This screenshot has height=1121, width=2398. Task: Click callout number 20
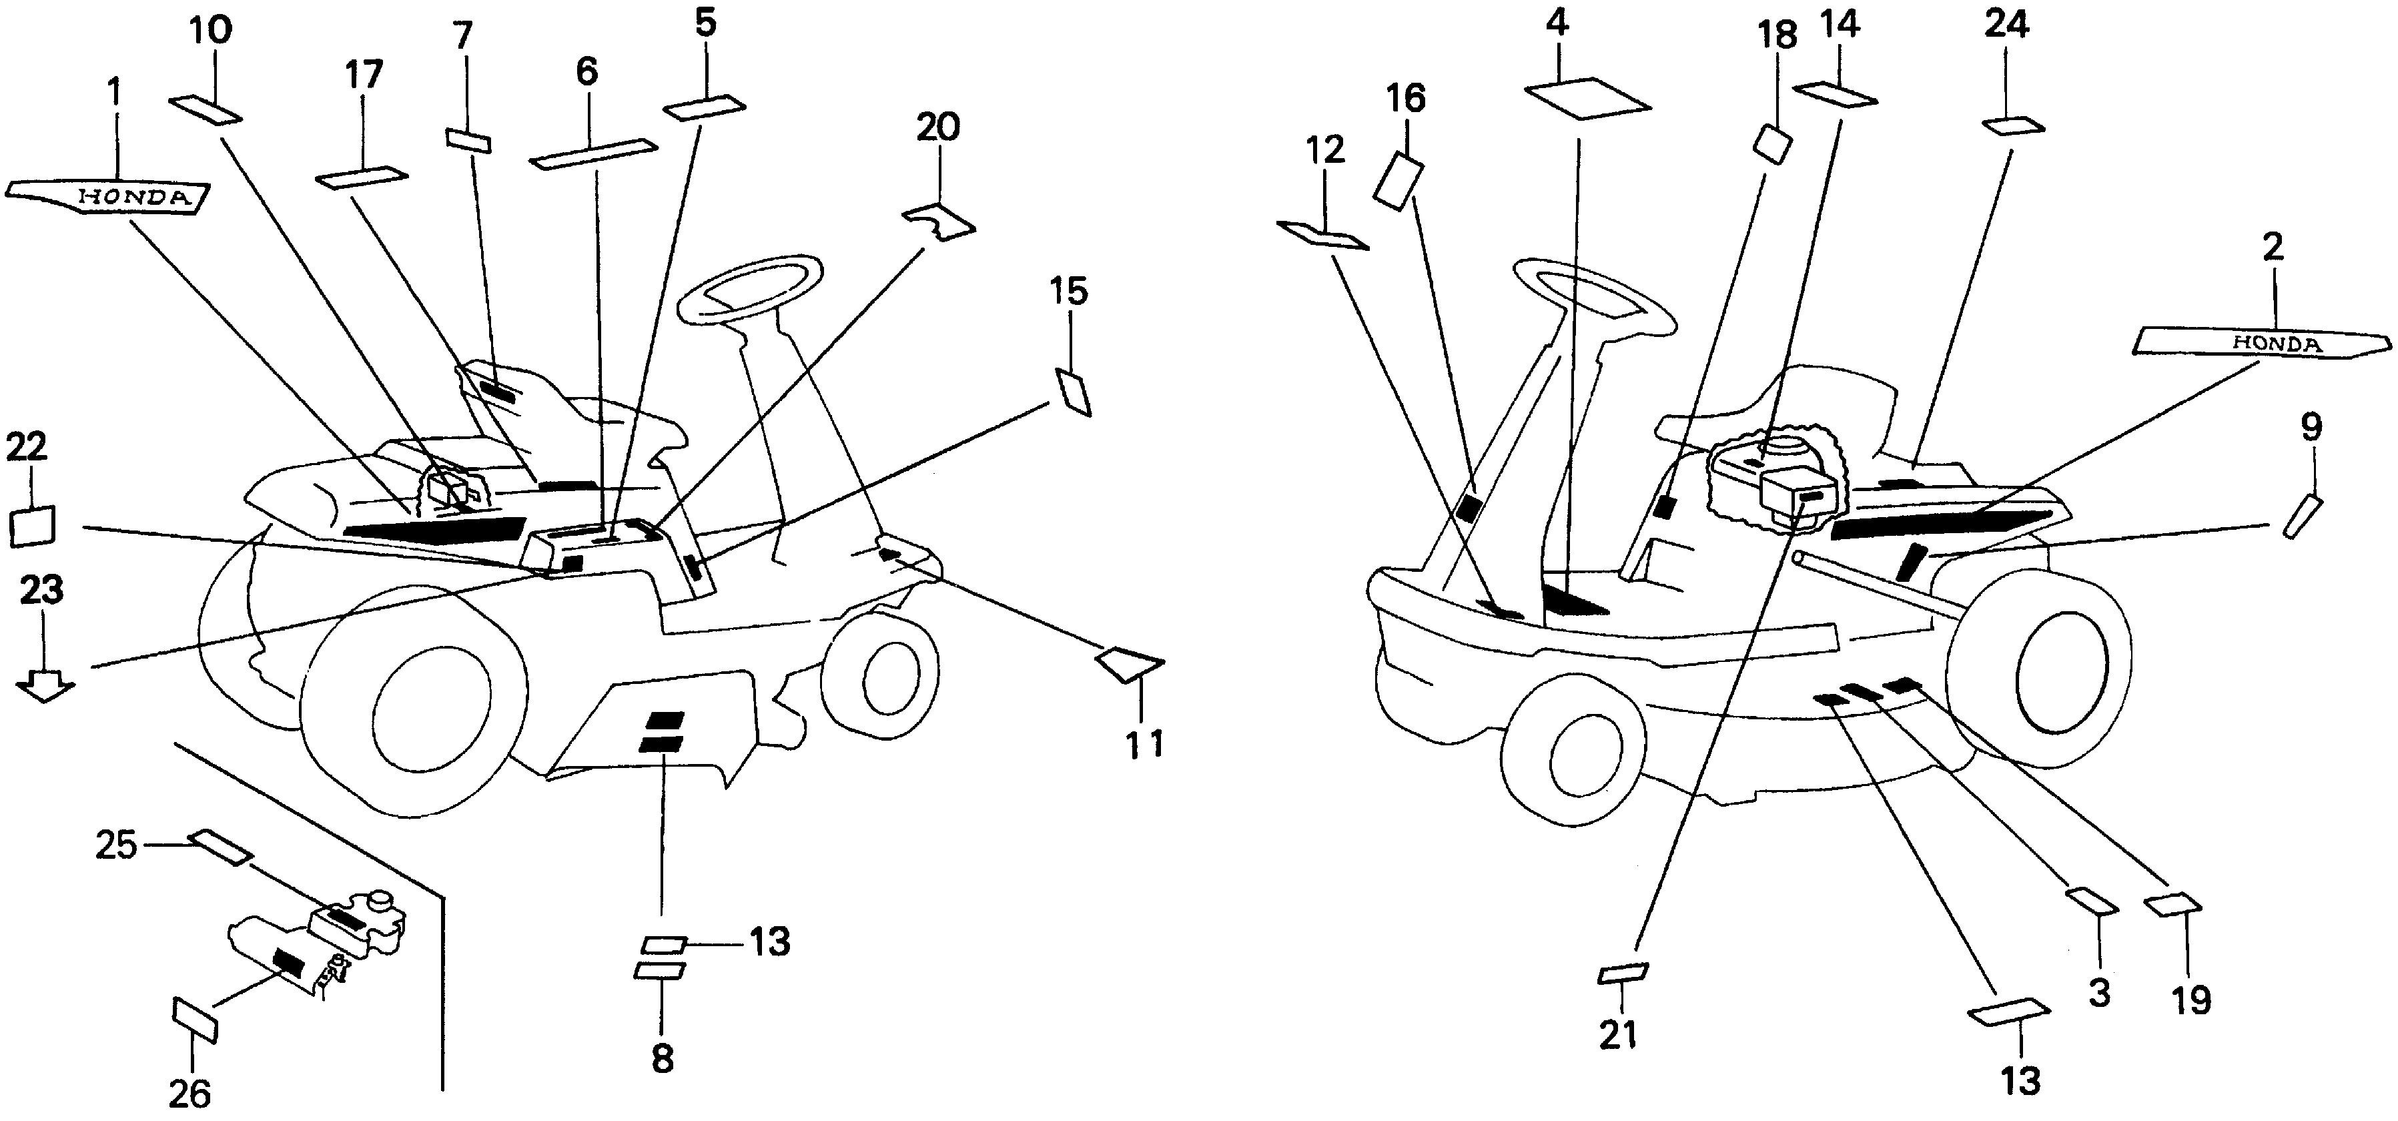pos(937,127)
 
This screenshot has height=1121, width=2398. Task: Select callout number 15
pos(1070,292)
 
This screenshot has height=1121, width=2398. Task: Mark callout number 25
pos(115,845)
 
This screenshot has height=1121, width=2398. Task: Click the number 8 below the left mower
pos(662,1059)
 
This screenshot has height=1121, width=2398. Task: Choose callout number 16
pos(1406,99)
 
